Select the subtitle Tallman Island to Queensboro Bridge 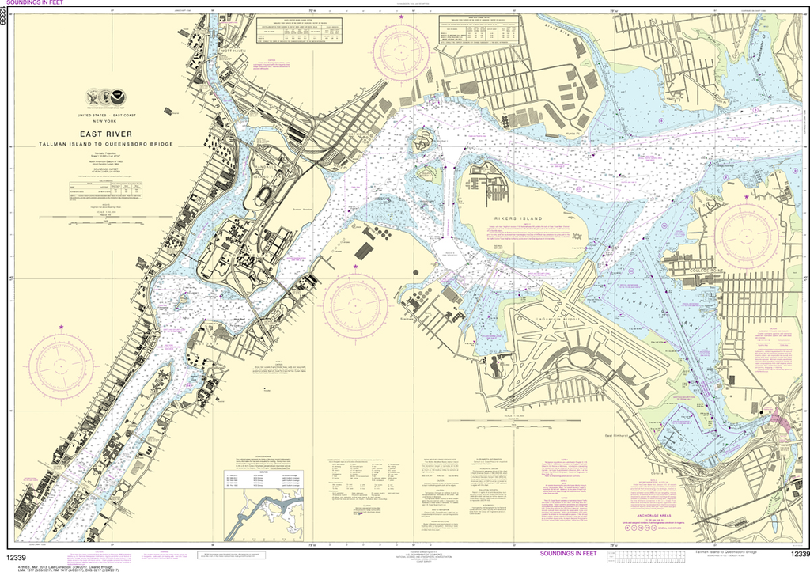tap(105, 145)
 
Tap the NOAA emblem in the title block tap(116, 98)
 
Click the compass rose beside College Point tap(747, 233)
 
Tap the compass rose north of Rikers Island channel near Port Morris tap(401, 52)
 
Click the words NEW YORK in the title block tap(104, 120)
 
